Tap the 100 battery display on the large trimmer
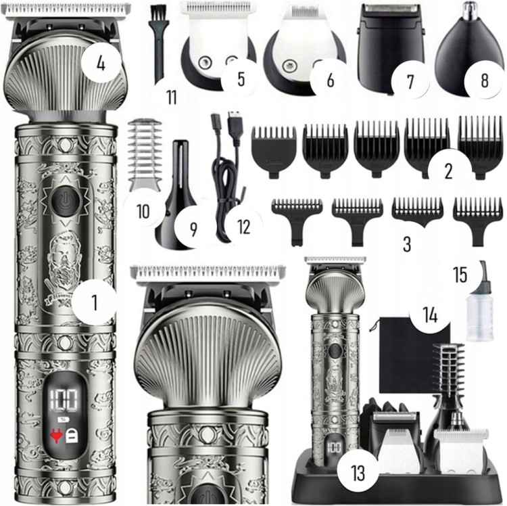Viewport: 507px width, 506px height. tap(64, 400)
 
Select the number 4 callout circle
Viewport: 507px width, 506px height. tap(101, 63)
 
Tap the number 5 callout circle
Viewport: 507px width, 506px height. tap(241, 79)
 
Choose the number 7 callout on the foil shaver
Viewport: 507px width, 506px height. tap(410, 80)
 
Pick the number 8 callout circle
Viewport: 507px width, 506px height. tap(485, 80)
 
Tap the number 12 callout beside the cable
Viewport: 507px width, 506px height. tap(244, 227)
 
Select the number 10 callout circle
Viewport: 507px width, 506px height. tap(143, 212)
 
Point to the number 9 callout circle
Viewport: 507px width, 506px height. tap(193, 229)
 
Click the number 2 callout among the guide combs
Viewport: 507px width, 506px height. tap(448, 170)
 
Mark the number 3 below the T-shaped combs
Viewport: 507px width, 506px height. tap(407, 244)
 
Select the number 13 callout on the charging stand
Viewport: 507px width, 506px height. tap(358, 473)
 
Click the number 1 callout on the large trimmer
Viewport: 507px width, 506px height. tap(94, 303)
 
